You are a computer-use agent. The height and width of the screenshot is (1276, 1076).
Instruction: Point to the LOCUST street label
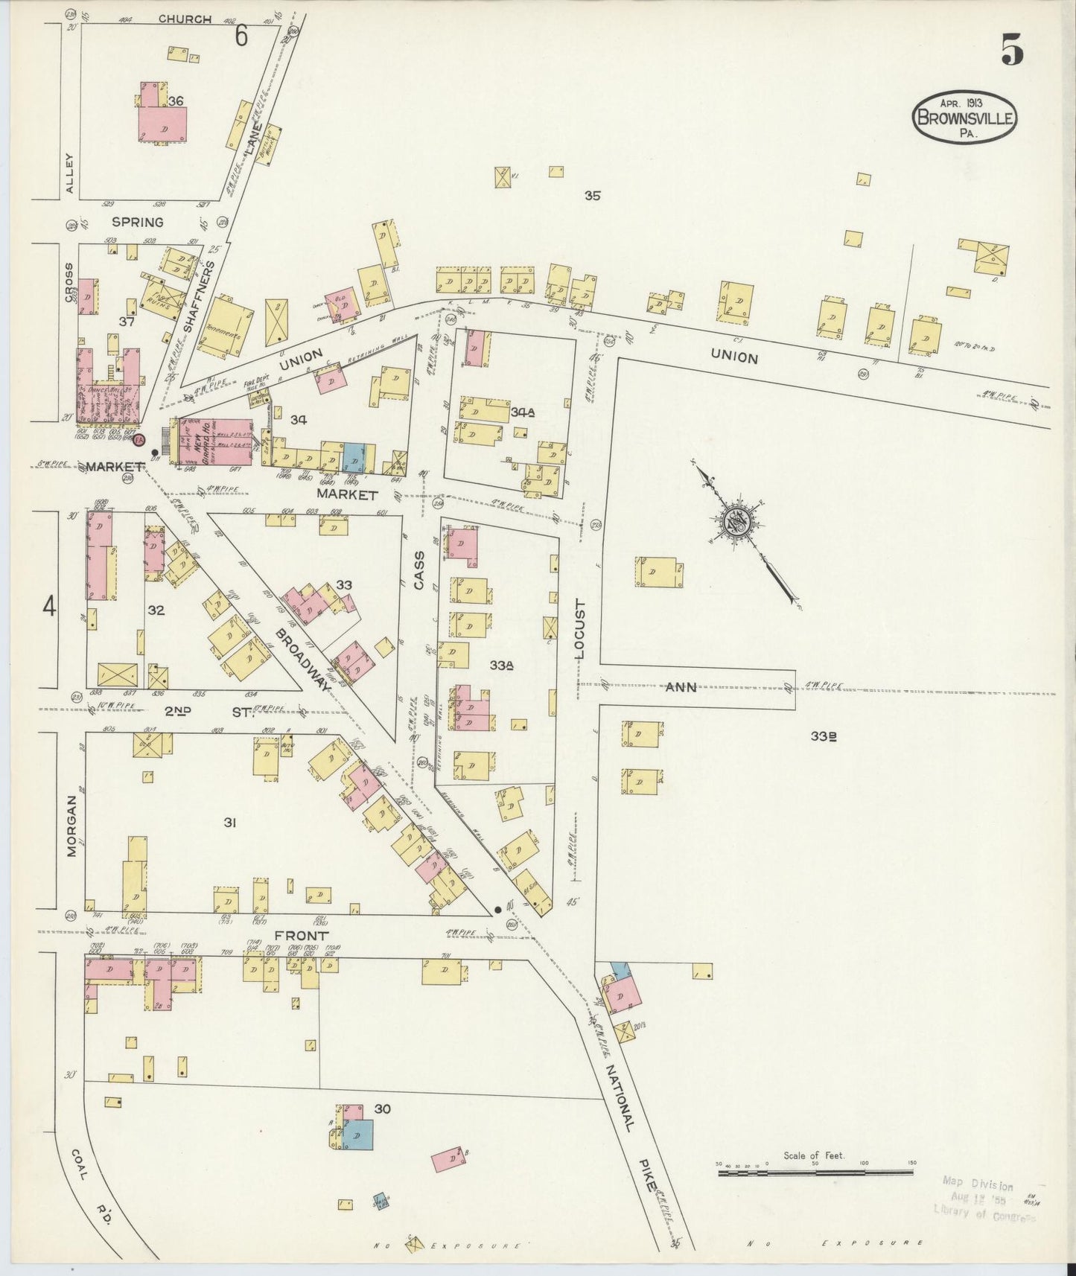(581, 630)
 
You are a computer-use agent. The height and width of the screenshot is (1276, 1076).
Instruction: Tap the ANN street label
(681, 687)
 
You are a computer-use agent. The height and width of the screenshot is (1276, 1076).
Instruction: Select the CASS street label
(418, 570)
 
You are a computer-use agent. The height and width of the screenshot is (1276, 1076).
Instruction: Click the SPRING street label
(138, 222)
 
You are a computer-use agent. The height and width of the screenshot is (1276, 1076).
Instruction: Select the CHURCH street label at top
(185, 19)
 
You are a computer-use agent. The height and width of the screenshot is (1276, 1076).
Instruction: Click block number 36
(176, 101)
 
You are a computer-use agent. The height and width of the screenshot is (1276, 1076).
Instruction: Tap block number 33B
(824, 736)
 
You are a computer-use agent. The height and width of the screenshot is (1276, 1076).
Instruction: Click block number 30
(383, 1108)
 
